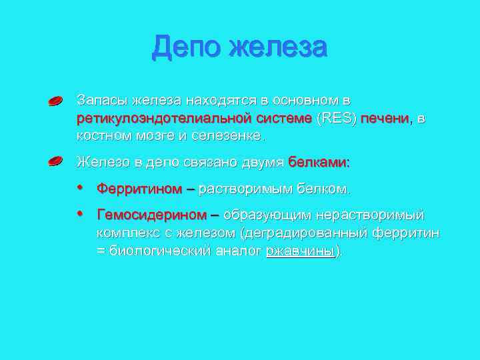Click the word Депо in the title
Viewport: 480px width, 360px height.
186,48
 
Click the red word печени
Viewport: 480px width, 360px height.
387,118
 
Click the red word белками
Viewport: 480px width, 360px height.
319,162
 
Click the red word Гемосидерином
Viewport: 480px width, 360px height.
152,215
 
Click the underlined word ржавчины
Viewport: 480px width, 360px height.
299,251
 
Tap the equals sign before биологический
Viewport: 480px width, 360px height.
101,251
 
